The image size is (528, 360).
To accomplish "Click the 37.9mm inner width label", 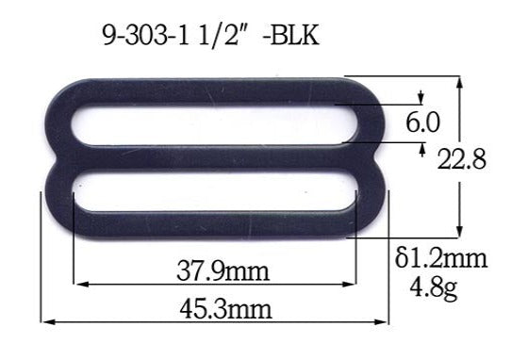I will [223, 273].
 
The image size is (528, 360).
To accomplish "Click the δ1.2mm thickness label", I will [440, 257].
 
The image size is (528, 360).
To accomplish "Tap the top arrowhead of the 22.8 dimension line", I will [459, 80].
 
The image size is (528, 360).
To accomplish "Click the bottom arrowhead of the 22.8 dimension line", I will [459, 233].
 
